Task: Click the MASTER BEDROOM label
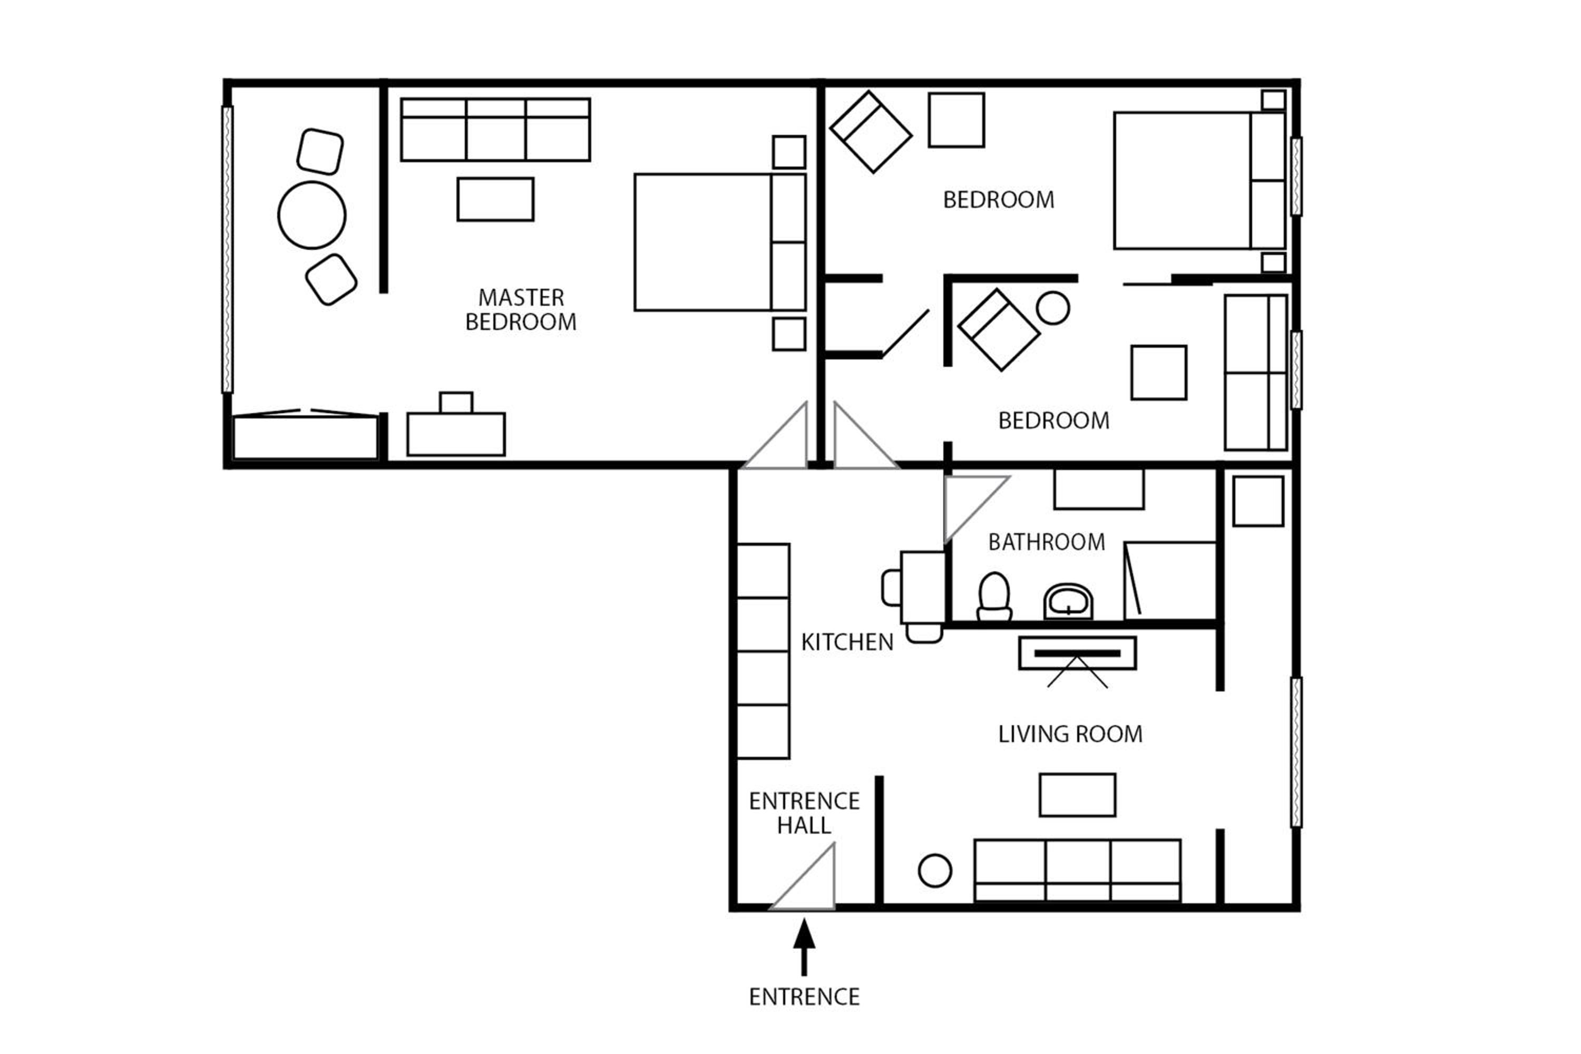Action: (x=521, y=310)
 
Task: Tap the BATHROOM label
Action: (x=1047, y=542)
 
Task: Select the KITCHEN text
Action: (x=847, y=642)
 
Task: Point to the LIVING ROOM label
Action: (x=1070, y=734)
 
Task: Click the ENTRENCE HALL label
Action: (x=804, y=813)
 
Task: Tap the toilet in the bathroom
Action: (x=994, y=597)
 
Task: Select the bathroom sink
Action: (x=1068, y=602)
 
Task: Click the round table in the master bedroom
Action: (x=312, y=215)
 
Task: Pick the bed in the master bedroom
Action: (x=720, y=242)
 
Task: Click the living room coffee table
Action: (x=1078, y=795)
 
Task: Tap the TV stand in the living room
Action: (x=1078, y=653)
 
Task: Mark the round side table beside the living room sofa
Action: (x=935, y=871)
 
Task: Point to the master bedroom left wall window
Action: (x=227, y=249)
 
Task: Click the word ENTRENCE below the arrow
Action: (x=804, y=997)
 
